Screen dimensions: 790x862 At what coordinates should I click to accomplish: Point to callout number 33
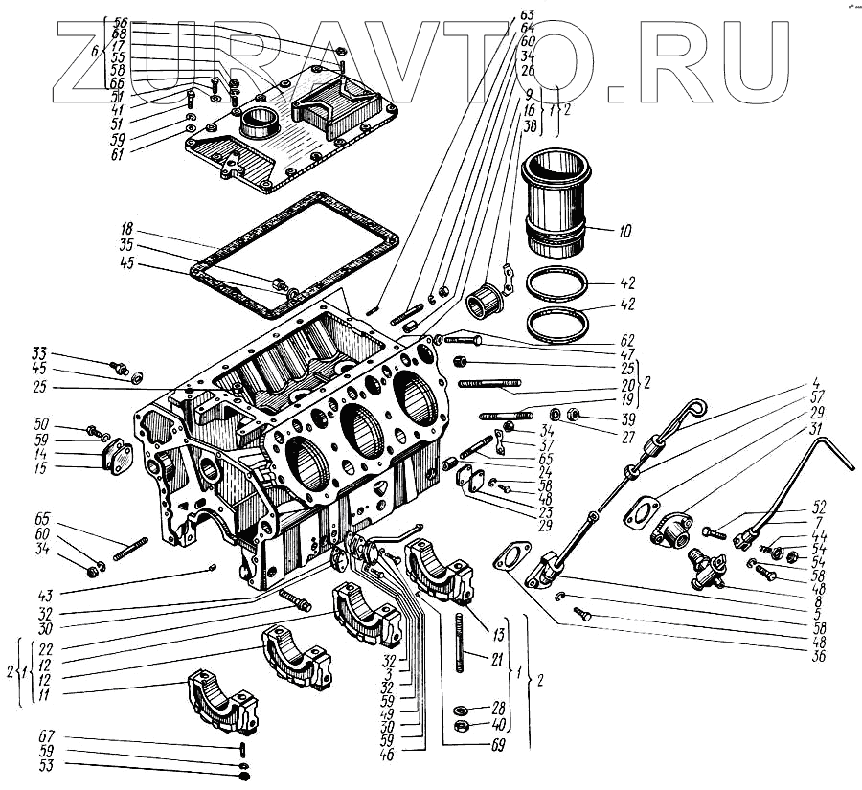(38, 353)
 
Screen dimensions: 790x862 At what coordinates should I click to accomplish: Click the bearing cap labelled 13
(441, 571)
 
